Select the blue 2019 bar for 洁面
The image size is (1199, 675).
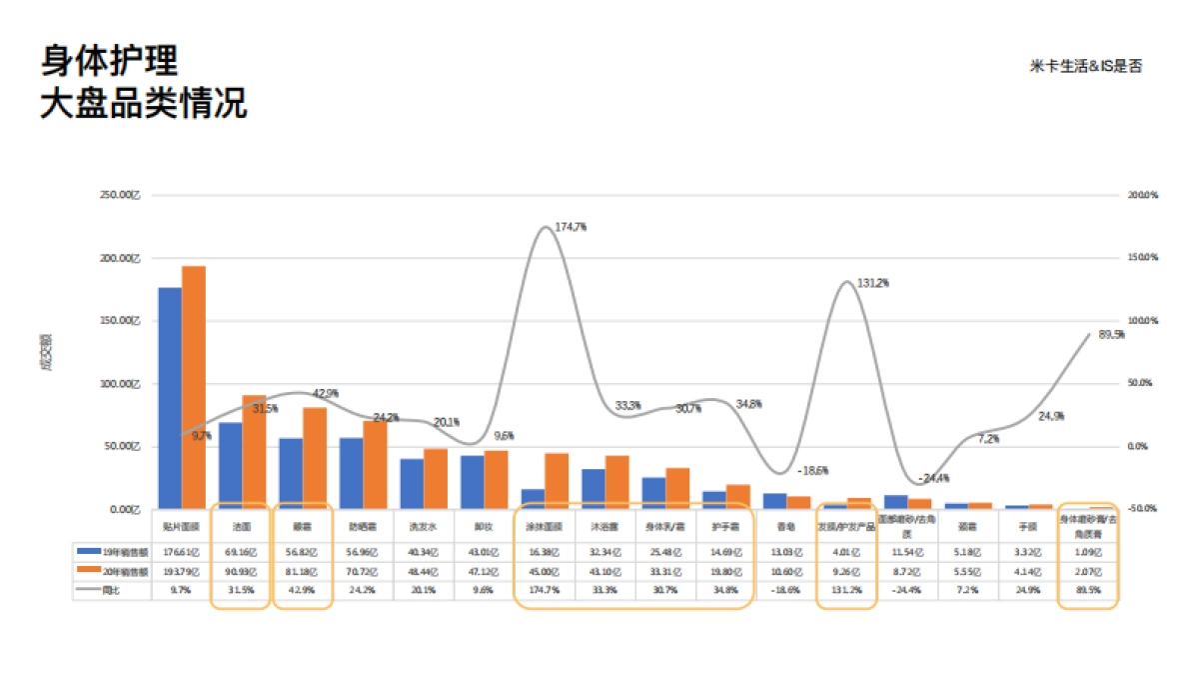tap(231, 465)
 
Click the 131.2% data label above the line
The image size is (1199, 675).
tap(872, 283)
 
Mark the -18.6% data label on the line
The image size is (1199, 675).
tap(812, 470)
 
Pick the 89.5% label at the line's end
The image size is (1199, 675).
tap(1111, 335)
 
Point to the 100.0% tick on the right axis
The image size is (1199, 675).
tap(1141, 321)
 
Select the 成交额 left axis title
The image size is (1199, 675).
tap(45, 352)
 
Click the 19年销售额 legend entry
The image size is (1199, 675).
tap(114, 550)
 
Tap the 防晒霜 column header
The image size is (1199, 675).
tap(362, 524)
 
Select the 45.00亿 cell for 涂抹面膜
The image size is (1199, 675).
tap(544, 571)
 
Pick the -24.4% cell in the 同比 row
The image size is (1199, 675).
tap(907, 590)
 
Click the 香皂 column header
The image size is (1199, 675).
tap(785, 524)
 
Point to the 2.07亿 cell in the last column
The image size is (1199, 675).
tap(1088, 571)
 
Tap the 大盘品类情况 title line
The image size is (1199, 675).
tap(144, 103)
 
